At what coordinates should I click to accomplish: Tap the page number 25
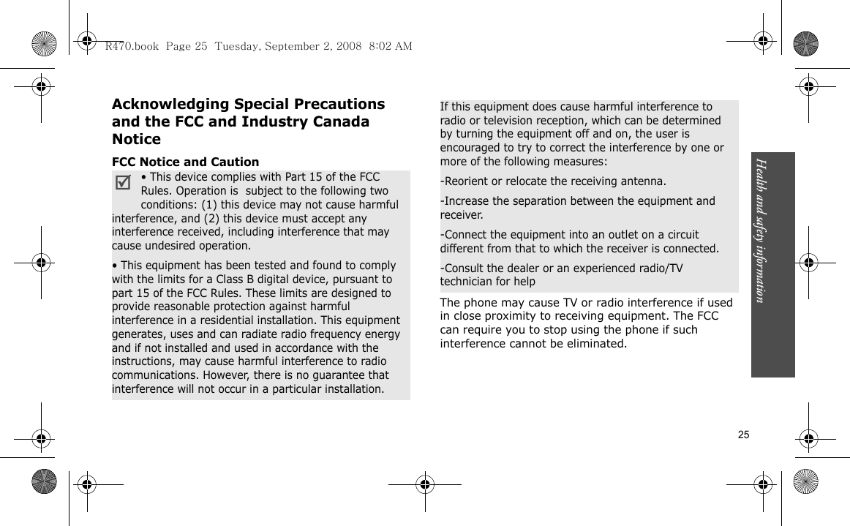(x=743, y=435)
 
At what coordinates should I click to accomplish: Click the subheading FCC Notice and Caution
(x=185, y=162)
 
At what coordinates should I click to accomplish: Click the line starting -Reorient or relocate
(x=552, y=181)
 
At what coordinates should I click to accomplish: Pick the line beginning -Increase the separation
(x=578, y=201)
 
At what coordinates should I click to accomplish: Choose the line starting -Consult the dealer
(x=561, y=268)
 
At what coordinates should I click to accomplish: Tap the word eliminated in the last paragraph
(x=596, y=344)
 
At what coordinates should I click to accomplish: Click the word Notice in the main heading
(x=137, y=139)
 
